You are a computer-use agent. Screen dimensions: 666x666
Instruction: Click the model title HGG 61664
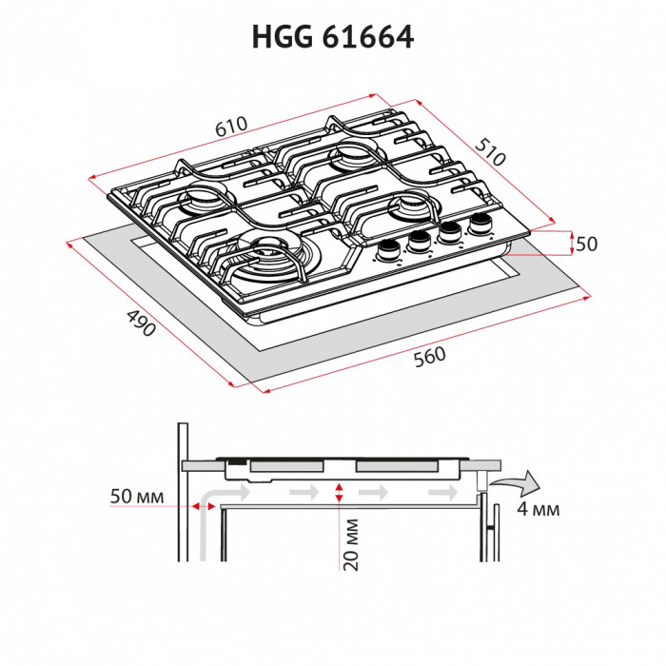click(332, 37)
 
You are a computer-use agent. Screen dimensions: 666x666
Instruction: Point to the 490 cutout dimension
click(140, 324)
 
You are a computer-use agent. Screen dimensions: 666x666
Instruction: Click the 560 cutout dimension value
click(430, 357)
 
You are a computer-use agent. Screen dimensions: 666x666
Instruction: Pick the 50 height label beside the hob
click(586, 245)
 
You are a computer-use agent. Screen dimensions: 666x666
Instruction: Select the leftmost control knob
click(388, 248)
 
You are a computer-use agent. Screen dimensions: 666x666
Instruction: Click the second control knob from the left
click(419, 241)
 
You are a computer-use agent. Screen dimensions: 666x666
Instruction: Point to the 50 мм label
click(137, 498)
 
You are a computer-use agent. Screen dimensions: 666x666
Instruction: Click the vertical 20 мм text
click(351, 544)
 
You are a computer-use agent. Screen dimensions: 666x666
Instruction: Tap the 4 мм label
click(539, 509)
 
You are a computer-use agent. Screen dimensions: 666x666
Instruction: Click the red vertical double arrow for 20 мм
click(340, 492)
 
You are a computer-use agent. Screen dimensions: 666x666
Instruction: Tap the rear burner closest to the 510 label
click(349, 154)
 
